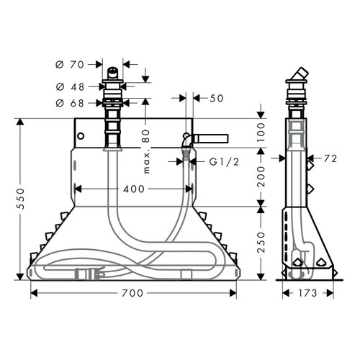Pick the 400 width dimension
click(x=133, y=189)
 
